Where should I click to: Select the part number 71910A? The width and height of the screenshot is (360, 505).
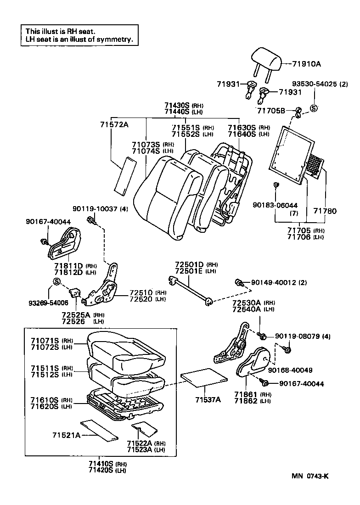pyautogui.click(x=307, y=64)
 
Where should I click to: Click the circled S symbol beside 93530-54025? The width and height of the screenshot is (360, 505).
pyautogui.click(x=314, y=108)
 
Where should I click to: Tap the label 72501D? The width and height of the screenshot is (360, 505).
pyautogui.click(x=189, y=265)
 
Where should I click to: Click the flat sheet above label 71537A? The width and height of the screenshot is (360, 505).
pyautogui.click(x=204, y=377)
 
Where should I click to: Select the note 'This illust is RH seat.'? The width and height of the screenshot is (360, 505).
pyautogui.click(x=61, y=31)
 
